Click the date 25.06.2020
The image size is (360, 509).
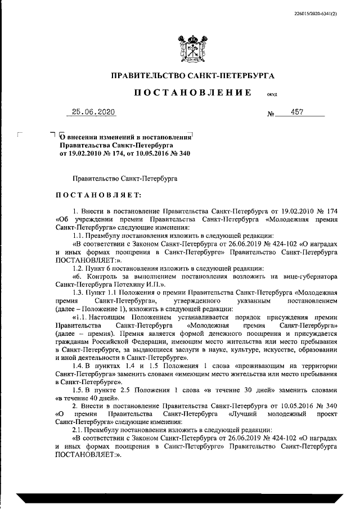pos(91,112)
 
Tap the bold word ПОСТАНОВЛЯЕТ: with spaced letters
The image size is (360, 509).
pos(99,195)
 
